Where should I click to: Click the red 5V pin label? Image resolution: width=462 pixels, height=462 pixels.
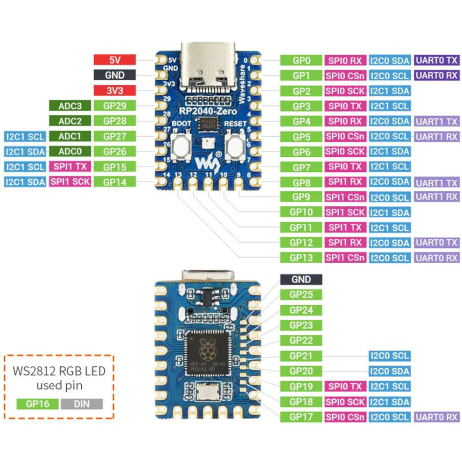click(x=114, y=60)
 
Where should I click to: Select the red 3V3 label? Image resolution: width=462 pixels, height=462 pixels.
click(x=114, y=90)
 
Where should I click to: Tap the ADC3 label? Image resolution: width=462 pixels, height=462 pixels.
click(x=70, y=106)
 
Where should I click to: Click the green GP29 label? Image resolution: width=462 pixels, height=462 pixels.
click(x=114, y=106)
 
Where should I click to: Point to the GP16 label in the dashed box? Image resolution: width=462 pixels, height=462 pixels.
click(x=37, y=404)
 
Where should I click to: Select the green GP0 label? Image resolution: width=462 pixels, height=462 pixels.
click(x=301, y=60)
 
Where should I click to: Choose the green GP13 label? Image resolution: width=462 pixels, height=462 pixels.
click(x=301, y=258)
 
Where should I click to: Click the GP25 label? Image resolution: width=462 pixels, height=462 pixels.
click(x=301, y=294)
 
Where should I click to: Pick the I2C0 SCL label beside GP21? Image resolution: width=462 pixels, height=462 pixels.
click(x=390, y=356)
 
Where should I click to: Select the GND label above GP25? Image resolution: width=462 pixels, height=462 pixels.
click(x=301, y=280)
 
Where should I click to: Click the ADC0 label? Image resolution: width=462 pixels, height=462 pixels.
click(x=70, y=151)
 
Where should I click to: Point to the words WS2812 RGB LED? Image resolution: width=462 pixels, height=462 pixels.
click(x=59, y=371)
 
